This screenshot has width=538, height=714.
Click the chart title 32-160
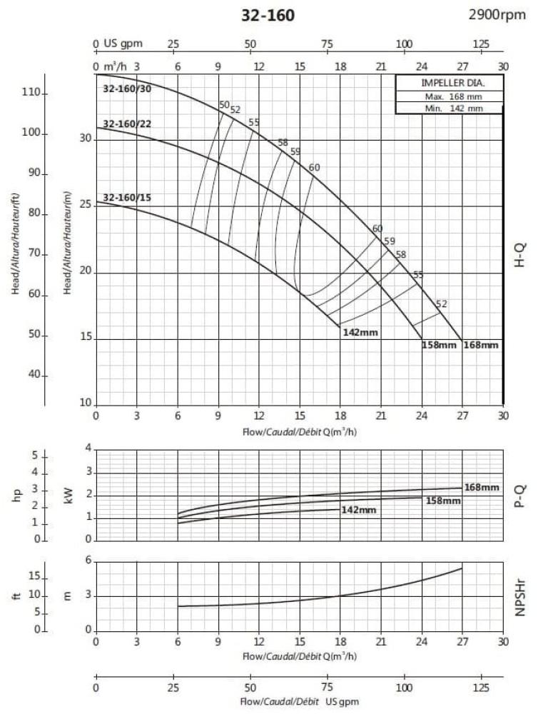pyautogui.click(x=269, y=15)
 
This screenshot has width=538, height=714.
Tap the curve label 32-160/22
pyautogui.click(x=126, y=124)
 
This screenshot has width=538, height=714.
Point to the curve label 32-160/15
pyautogui.click(x=126, y=197)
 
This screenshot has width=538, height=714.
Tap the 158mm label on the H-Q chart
pyautogui.click(x=440, y=346)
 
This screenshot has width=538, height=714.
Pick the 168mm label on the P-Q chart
pyautogui.click(x=481, y=488)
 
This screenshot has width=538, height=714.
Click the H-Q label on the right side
pyautogui.click(x=520, y=254)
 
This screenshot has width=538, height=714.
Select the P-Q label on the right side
pyautogui.click(x=520, y=497)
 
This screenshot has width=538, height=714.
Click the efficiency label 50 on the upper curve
pyautogui.click(x=224, y=105)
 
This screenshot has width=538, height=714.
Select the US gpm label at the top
pyautogui.click(x=123, y=44)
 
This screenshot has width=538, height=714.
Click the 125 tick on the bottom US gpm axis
pyautogui.click(x=482, y=688)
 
